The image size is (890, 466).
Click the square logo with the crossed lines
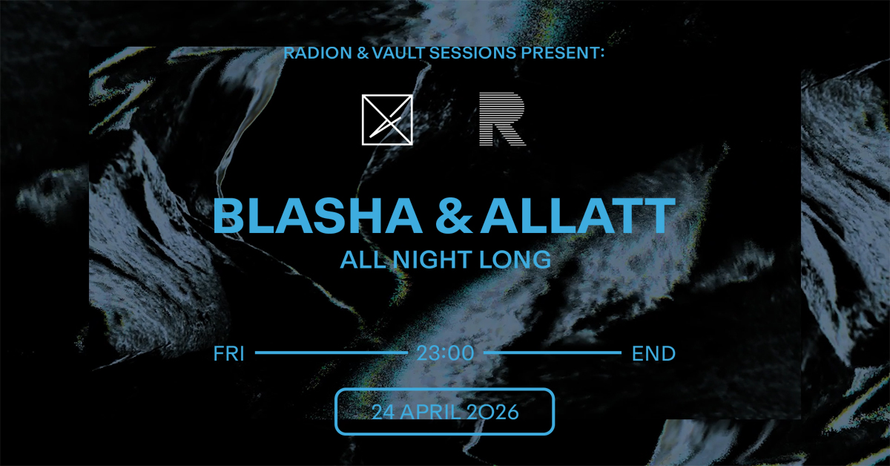click(x=386, y=119)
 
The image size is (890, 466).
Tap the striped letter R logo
click(x=502, y=119)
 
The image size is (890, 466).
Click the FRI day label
click(x=228, y=354)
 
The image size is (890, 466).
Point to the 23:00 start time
click(x=445, y=354)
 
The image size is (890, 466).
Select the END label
click(x=653, y=354)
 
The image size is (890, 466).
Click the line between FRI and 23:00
click(x=331, y=354)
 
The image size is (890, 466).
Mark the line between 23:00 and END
click(x=552, y=354)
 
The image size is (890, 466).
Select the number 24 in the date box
click(x=382, y=412)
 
